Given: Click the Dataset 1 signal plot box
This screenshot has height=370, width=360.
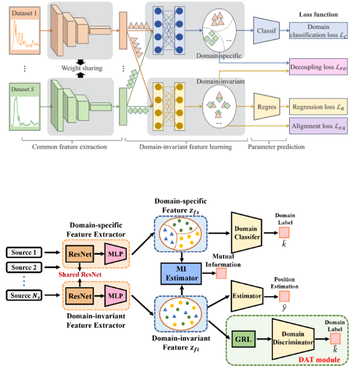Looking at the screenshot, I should coord(25,32).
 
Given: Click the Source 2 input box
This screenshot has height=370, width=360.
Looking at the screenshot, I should coord(24,267).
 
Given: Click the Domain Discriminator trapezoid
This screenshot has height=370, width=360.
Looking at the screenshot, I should coord(292,339).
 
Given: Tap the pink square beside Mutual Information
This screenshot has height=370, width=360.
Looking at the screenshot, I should coord(221,273).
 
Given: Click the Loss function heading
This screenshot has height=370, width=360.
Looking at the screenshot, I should coord(318,15).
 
